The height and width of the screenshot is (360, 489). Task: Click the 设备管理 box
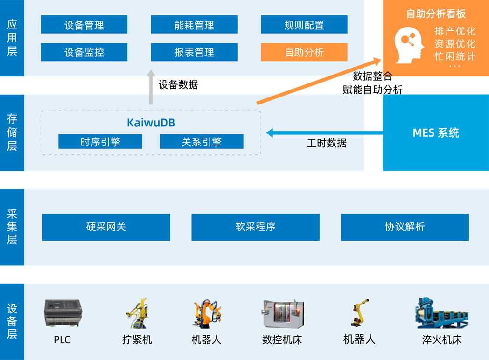(x=84, y=25)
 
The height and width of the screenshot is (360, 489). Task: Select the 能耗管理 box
(x=194, y=25)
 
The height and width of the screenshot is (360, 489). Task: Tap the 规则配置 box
(x=304, y=25)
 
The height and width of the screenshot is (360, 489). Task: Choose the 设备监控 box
(x=84, y=52)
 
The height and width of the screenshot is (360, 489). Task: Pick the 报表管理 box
(x=194, y=52)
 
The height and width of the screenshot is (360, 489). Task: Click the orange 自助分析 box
(x=304, y=52)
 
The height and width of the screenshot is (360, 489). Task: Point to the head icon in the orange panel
(x=409, y=45)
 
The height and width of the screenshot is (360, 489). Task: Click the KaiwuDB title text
(x=151, y=123)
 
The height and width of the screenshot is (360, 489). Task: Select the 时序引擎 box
(x=100, y=142)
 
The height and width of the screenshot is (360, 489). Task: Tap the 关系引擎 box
(x=202, y=142)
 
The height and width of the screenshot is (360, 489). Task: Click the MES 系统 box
(x=436, y=133)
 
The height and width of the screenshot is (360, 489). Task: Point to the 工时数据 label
(x=327, y=143)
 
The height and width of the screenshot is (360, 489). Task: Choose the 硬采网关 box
(x=106, y=227)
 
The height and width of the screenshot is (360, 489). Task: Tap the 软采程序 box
(x=255, y=227)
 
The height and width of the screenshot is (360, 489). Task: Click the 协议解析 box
(x=405, y=227)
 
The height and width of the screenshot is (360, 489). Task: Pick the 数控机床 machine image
(x=282, y=314)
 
